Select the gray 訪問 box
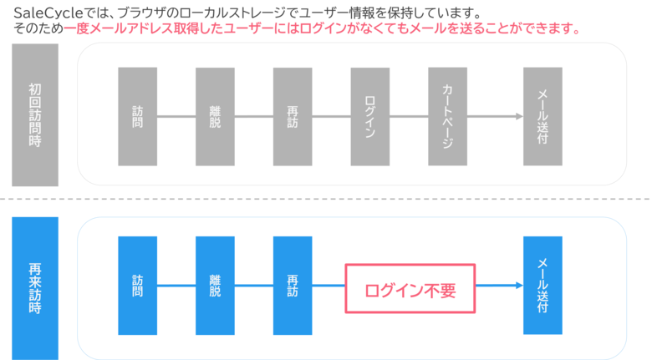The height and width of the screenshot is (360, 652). pyautogui.click(x=138, y=116)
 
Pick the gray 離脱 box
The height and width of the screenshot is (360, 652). pyautogui.click(x=215, y=116)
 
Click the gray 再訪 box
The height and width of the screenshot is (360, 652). pyautogui.click(x=293, y=116)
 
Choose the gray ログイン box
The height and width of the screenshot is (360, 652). pyautogui.click(x=369, y=116)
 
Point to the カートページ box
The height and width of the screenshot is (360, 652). pyautogui.click(x=447, y=116)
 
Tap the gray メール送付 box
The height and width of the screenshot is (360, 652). pyautogui.click(x=542, y=116)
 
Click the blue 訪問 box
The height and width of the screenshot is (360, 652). pyautogui.click(x=138, y=285)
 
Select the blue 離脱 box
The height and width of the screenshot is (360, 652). pyautogui.click(x=215, y=285)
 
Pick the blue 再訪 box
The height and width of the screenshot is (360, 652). pyautogui.click(x=293, y=285)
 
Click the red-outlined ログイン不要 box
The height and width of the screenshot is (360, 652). pyautogui.click(x=410, y=289)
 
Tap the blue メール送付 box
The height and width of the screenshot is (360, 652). pyautogui.click(x=542, y=285)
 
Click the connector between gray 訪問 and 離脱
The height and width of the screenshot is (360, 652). pyautogui.click(x=176, y=116)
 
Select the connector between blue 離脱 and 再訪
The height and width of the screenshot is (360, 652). pyautogui.click(x=253, y=286)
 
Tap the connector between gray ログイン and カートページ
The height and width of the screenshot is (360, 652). pyautogui.click(x=408, y=116)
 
